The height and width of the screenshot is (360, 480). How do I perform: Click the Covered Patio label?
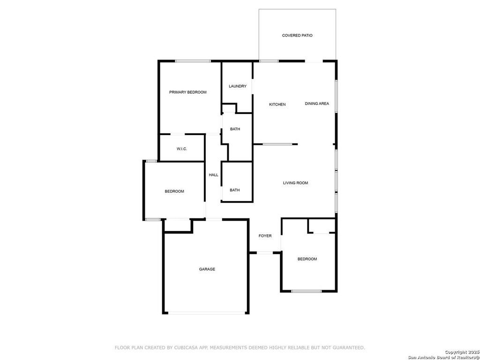(x=297, y=36)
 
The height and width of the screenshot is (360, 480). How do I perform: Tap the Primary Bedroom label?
(x=187, y=92)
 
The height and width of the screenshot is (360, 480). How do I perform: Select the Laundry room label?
(x=238, y=86)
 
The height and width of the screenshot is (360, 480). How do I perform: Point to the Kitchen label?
(x=277, y=105)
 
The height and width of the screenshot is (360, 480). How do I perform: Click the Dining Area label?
(x=317, y=104)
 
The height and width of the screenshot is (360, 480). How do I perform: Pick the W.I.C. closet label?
(x=182, y=149)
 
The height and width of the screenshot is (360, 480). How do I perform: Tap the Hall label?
(x=214, y=175)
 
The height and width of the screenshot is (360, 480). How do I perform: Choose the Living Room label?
(x=295, y=183)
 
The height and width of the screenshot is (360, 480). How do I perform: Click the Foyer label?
(x=265, y=236)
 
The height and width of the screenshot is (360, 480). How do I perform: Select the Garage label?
(x=207, y=269)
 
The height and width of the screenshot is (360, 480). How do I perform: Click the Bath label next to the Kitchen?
(x=235, y=129)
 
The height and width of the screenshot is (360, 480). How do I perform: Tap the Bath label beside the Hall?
(x=235, y=190)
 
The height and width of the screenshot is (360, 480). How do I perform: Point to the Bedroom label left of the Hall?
(x=174, y=191)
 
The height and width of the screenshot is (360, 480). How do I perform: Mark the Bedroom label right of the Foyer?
(x=307, y=259)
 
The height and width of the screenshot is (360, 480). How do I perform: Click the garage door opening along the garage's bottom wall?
(x=207, y=313)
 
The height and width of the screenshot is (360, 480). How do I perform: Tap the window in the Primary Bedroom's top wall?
(x=193, y=61)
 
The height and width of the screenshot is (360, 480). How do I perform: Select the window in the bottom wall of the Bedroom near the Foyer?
(x=306, y=291)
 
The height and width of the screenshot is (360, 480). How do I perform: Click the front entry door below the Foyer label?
(x=265, y=253)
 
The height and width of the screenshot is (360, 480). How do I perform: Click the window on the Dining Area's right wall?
(x=336, y=97)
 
